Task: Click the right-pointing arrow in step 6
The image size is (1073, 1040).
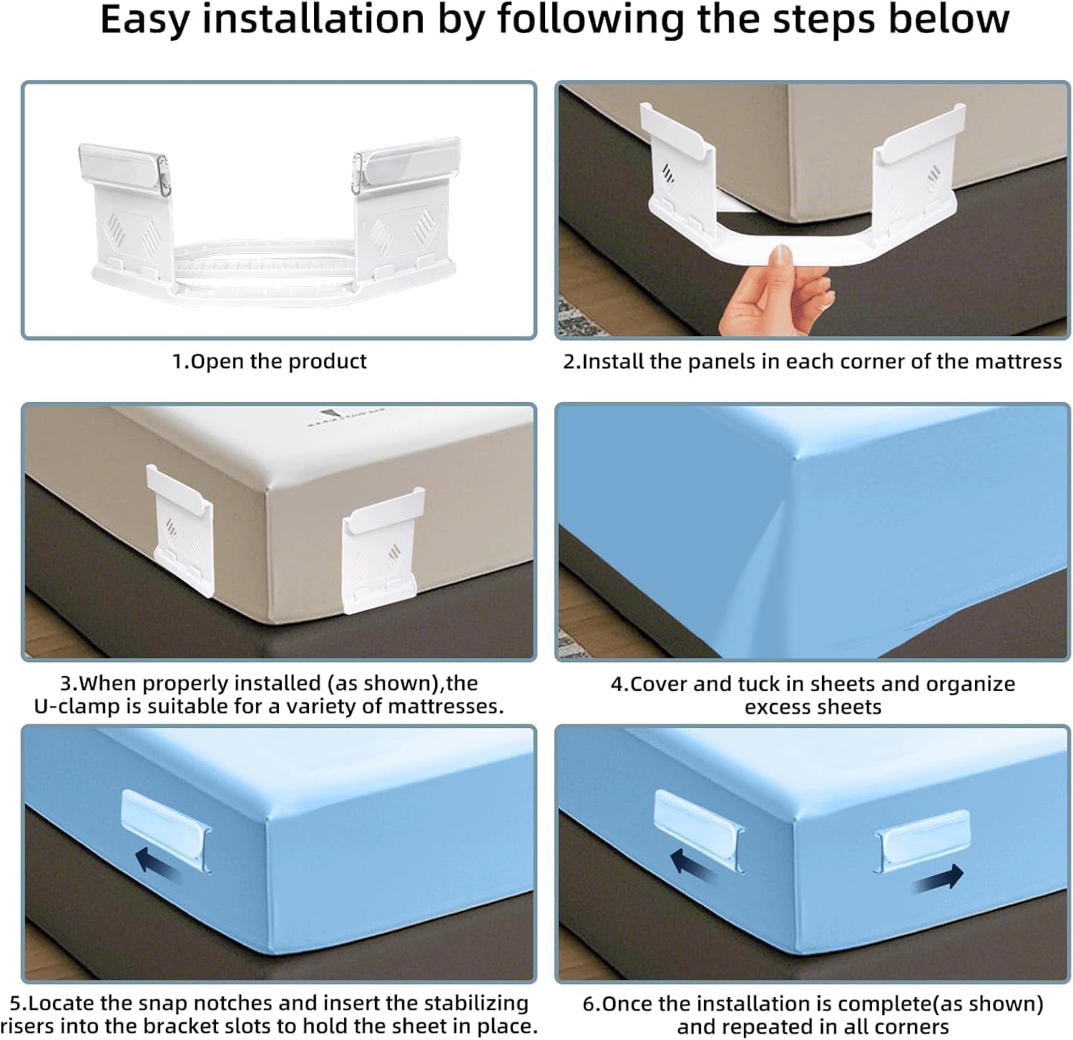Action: click(x=939, y=878)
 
